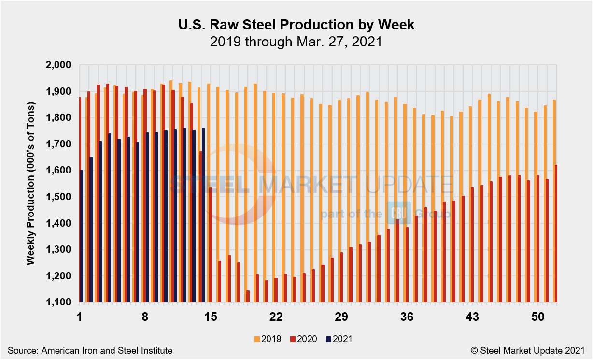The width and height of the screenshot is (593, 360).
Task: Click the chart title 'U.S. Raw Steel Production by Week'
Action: click(x=296, y=25)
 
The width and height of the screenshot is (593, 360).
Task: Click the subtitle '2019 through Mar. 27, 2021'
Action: click(x=296, y=42)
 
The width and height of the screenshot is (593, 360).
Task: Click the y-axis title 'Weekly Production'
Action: click(x=31, y=184)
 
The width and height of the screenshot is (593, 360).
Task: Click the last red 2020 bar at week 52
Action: click(x=556, y=233)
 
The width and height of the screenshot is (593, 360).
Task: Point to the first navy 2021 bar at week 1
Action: click(x=82, y=236)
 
